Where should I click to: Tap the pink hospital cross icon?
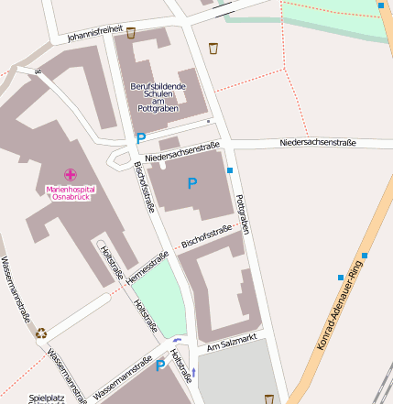(70, 174)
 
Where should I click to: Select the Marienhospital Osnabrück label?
(70, 193)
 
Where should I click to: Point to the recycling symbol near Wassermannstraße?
(41, 333)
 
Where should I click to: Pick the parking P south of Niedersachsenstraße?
(191, 183)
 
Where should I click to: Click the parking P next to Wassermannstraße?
(160, 366)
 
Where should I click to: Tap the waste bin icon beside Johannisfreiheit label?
(131, 33)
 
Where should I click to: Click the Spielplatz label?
(48, 398)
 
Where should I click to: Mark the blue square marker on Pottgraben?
(230, 170)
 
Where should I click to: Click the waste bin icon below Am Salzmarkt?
(268, 399)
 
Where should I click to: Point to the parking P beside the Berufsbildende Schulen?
(140, 138)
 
